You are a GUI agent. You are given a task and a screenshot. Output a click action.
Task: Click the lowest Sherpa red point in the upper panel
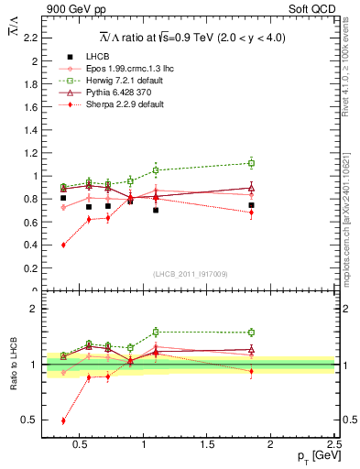coord(63,245)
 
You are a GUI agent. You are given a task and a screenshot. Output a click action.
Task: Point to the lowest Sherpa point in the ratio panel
coord(63,420)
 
